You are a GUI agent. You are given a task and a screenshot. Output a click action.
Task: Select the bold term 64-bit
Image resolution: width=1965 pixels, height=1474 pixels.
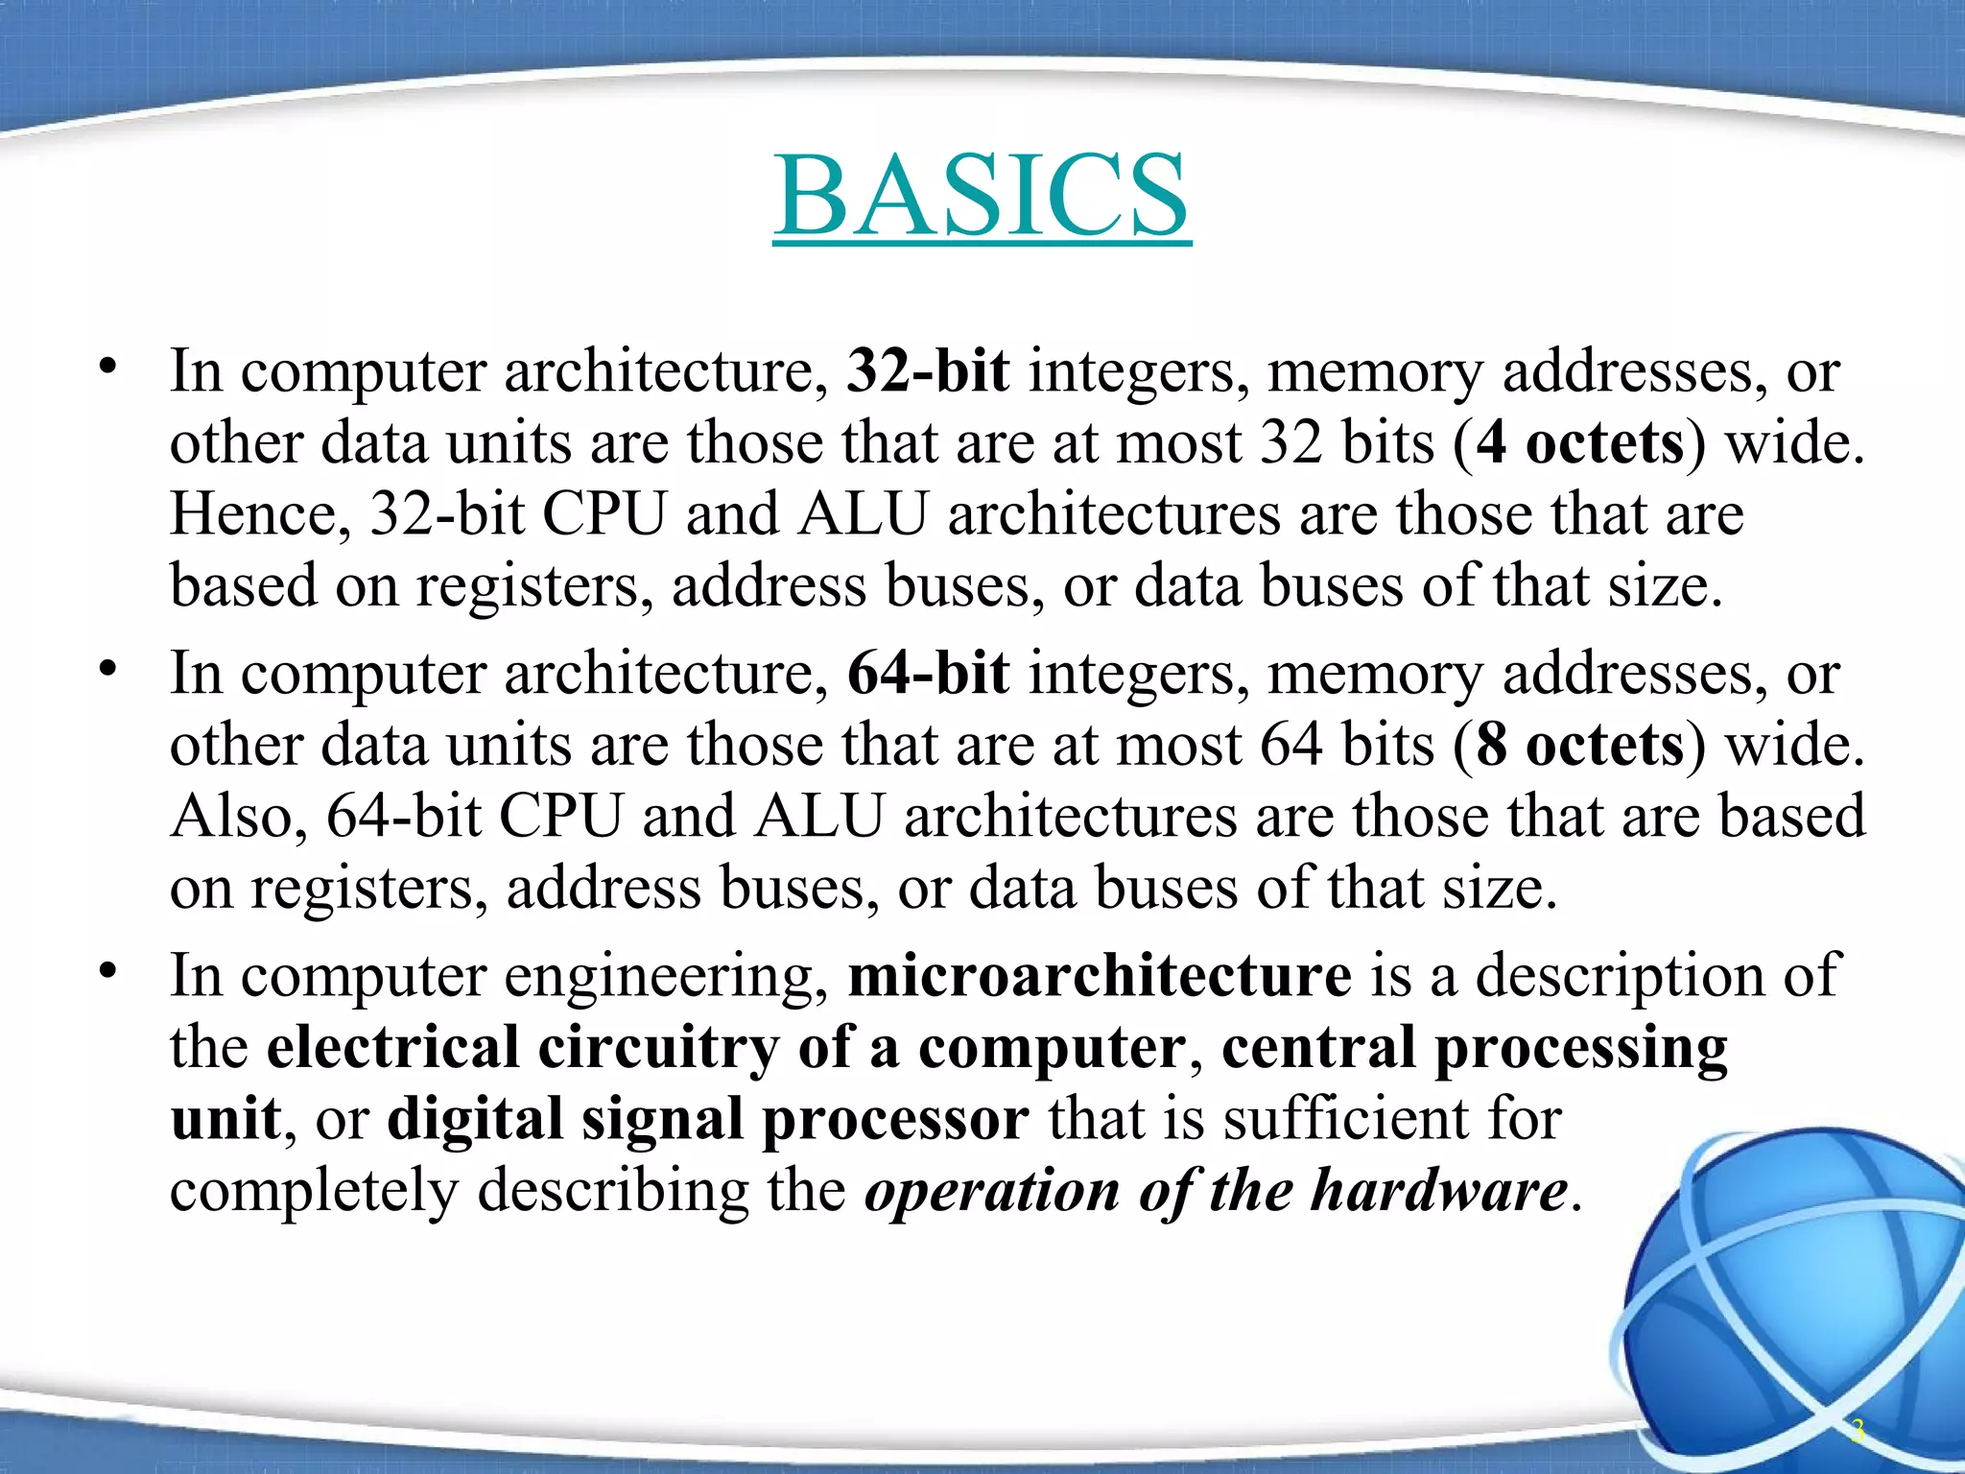pos(928,673)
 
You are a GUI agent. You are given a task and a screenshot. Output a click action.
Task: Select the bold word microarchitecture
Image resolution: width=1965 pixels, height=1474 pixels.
pos(1100,975)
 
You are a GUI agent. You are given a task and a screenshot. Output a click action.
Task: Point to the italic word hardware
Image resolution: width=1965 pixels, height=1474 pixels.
pos(1439,1190)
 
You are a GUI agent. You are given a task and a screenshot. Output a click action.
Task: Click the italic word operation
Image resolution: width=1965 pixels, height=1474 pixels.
pos(992,1190)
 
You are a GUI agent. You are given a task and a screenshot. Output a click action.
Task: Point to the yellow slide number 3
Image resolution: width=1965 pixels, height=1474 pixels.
pos(1858,1431)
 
